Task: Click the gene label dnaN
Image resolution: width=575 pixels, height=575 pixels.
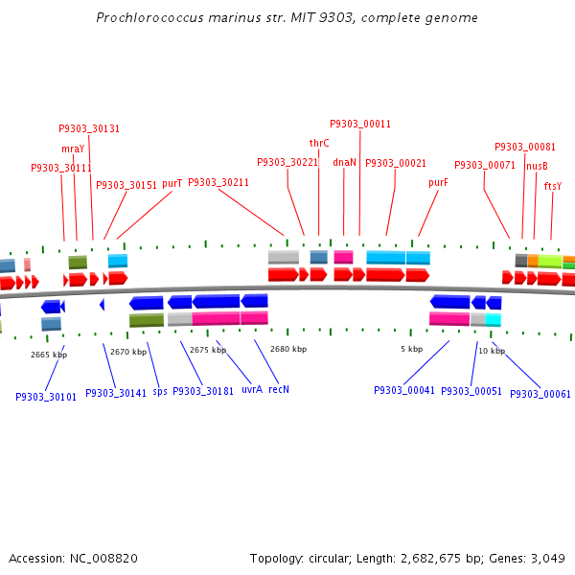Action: [x=344, y=163]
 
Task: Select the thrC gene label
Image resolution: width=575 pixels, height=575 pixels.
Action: [x=319, y=143]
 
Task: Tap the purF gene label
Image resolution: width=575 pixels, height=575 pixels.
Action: [x=438, y=182]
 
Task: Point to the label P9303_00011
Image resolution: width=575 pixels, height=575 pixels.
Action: [x=360, y=124]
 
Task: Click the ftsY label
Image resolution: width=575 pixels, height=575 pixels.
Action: [x=553, y=186]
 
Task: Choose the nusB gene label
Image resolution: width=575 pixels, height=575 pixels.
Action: [x=537, y=166]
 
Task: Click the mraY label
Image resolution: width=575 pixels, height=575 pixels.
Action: [x=73, y=149]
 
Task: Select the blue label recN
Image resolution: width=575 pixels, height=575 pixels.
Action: [x=279, y=390]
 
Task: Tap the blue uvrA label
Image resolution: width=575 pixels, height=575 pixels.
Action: [x=252, y=390]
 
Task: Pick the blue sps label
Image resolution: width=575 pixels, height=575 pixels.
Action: [x=159, y=391]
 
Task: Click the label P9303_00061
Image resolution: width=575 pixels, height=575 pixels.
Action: [x=540, y=394]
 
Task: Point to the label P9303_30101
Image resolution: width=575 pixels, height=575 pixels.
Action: [x=46, y=396]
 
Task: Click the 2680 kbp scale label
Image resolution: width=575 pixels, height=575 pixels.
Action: [x=287, y=350]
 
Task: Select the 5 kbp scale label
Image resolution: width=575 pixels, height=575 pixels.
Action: [x=411, y=350]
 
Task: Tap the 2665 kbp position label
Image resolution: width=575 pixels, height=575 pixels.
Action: [x=49, y=355]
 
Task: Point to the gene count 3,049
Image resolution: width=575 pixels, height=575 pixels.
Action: [x=547, y=558]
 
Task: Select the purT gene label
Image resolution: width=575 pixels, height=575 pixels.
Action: [x=172, y=183]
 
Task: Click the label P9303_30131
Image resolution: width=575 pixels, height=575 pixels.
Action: [x=89, y=128]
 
